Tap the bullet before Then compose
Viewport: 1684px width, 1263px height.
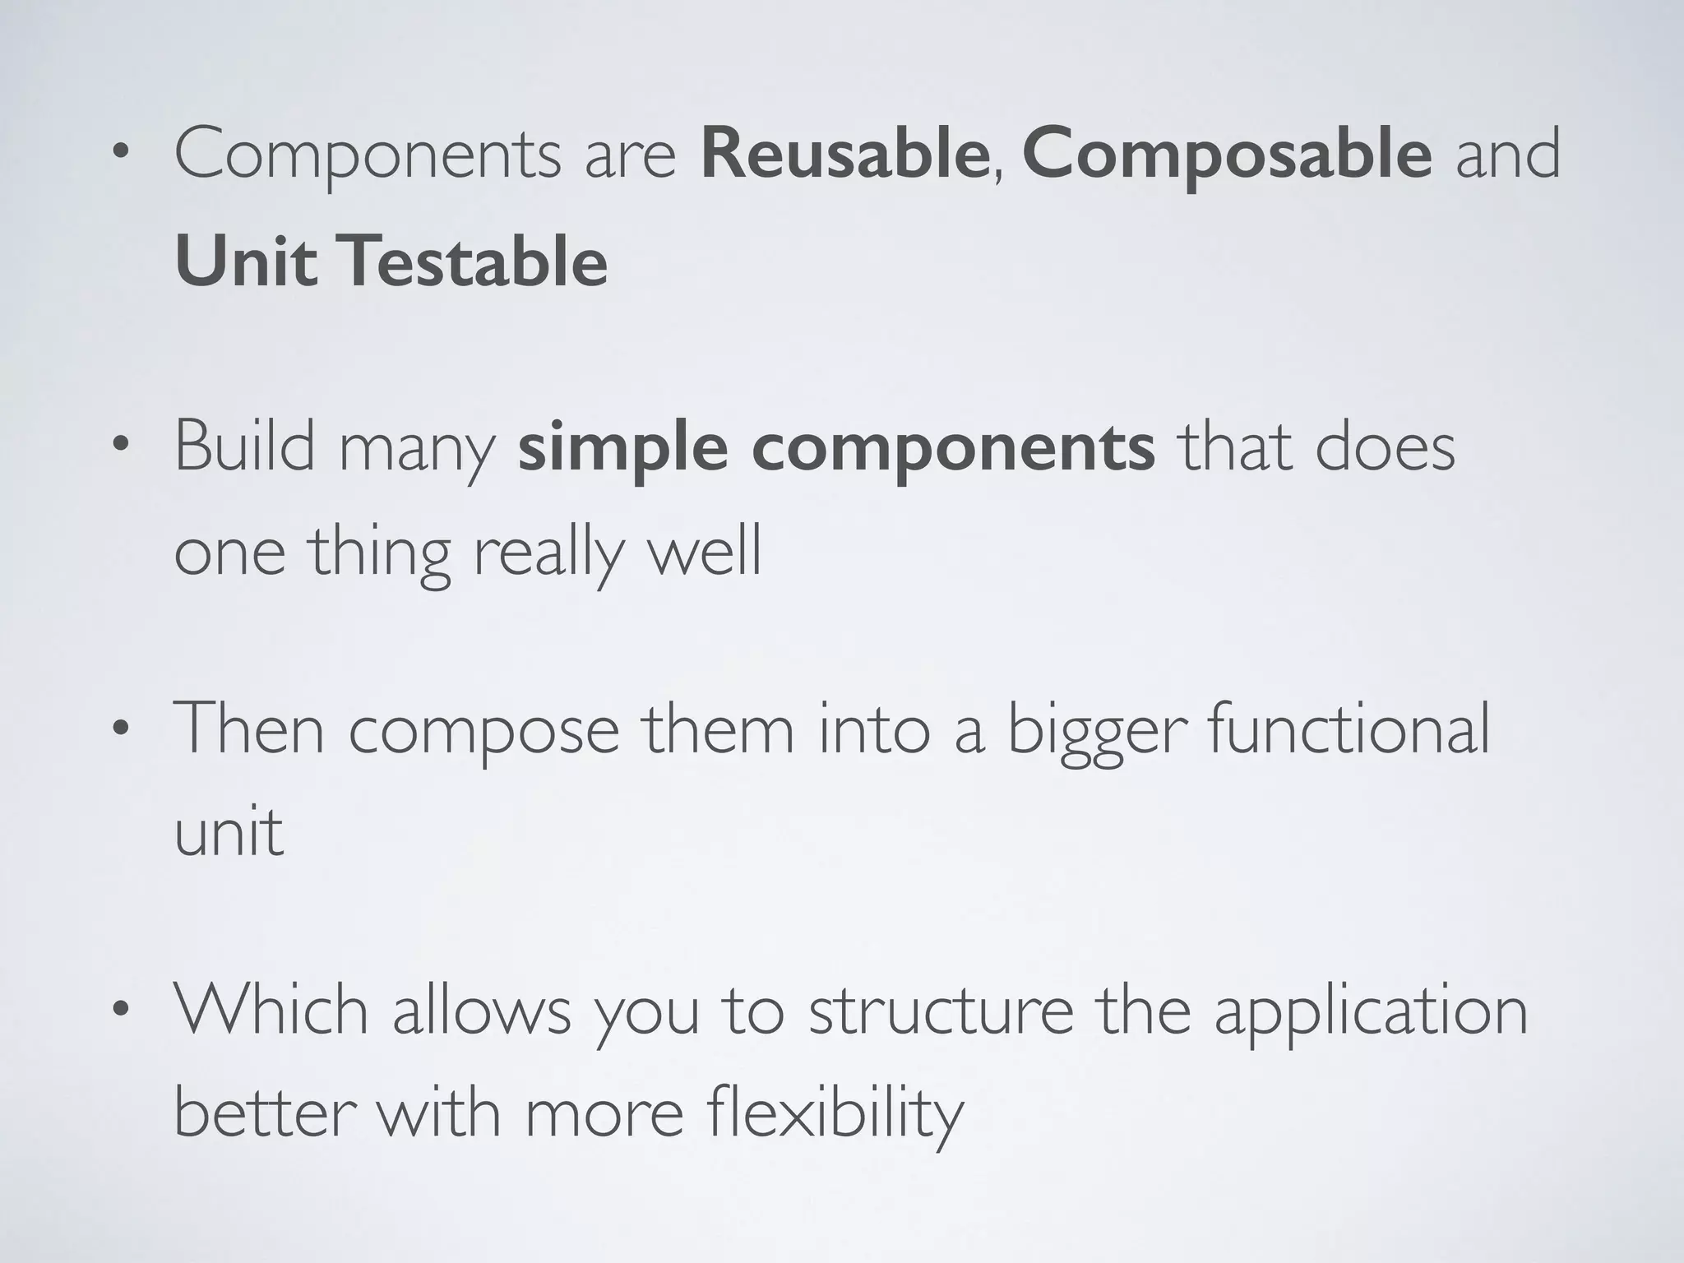point(121,729)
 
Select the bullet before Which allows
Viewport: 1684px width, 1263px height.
point(121,1009)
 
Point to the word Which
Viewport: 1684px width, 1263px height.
point(271,1009)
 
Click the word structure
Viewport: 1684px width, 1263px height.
point(941,1011)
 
